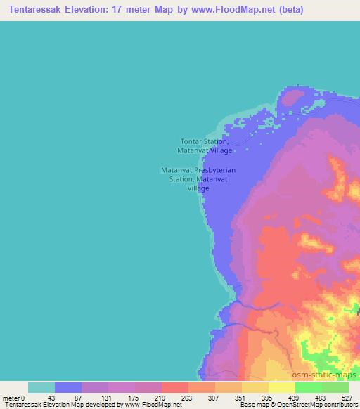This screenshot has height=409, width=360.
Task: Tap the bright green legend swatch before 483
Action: point(308,387)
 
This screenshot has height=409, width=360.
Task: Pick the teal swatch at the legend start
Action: point(41,387)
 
